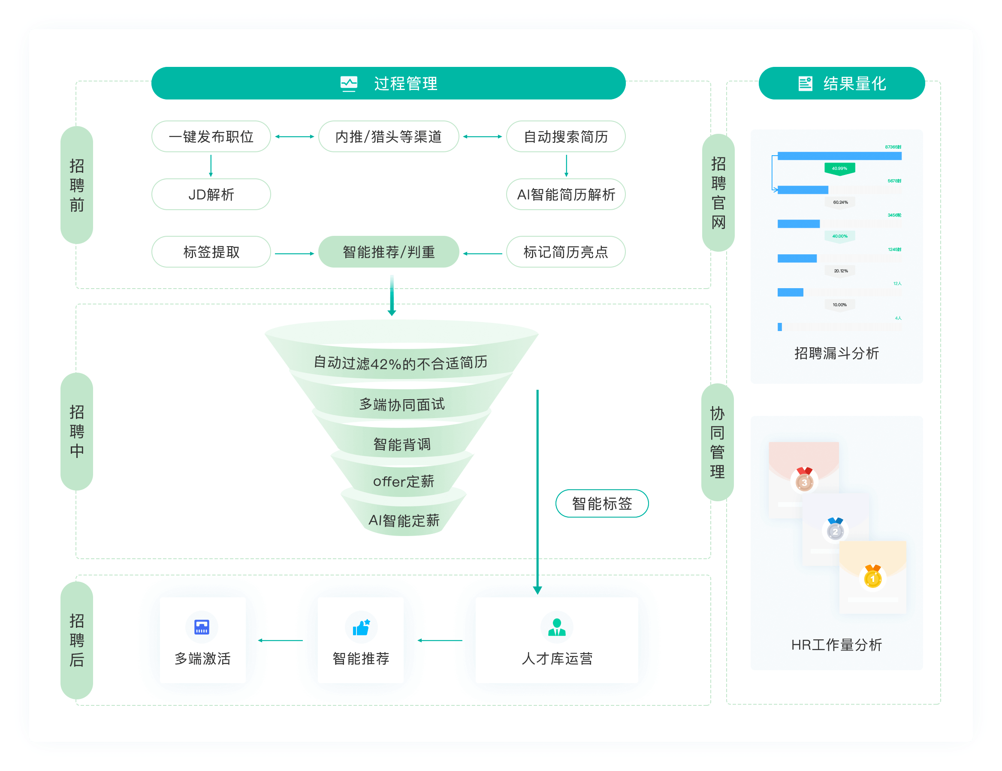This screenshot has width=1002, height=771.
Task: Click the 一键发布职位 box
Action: click(211, 137)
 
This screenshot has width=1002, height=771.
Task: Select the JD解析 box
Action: click(211, 195)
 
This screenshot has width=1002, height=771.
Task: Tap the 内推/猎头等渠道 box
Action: click(388, 137)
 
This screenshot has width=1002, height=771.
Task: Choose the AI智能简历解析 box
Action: click(565, 195)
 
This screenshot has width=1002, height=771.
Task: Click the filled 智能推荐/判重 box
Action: click(388, 252)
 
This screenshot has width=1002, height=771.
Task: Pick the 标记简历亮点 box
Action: click(565, 252)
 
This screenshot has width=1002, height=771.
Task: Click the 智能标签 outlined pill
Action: click(601, 503)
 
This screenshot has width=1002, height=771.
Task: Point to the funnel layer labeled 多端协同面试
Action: click(401, 404)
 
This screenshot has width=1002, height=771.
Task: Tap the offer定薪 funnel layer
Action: click(403, 481)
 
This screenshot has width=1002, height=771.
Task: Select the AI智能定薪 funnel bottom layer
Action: click(404, 520)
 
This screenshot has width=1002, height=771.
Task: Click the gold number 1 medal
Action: click(872, 578)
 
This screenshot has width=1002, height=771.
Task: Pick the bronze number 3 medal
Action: click(804, 482)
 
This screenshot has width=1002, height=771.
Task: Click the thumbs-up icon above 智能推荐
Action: click(361, 627)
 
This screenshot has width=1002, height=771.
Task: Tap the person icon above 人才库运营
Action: click(556, 627)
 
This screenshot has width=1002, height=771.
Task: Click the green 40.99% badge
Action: click(839, 169)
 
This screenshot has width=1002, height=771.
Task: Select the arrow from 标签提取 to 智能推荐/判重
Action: click(294, 253)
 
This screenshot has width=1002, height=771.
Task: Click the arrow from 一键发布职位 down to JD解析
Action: click(211, 166)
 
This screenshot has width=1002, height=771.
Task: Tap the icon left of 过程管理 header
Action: click(349, 84)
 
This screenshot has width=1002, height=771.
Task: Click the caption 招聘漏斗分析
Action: click(836, 353)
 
